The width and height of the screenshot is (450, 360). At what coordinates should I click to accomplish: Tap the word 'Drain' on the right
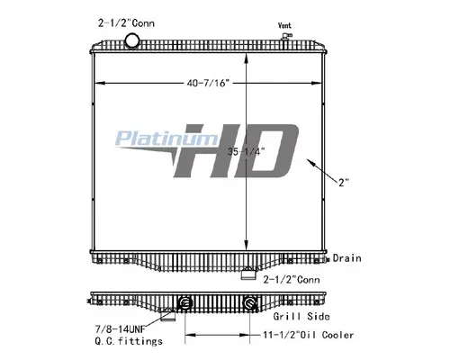coord(347,258)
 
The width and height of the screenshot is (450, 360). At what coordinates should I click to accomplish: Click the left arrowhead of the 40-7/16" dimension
coord(98,83)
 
